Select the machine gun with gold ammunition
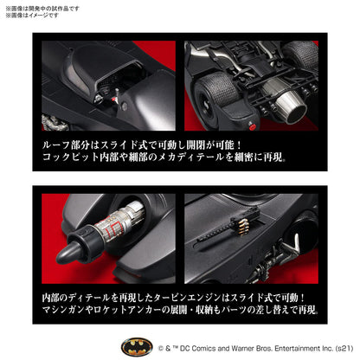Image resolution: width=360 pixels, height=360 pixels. coord(228,238)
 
